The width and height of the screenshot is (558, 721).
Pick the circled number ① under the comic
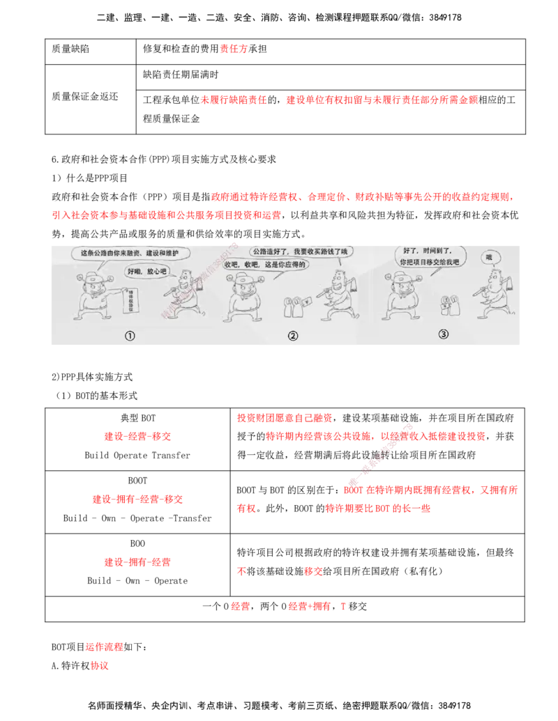130,336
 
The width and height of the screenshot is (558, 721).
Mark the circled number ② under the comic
293,336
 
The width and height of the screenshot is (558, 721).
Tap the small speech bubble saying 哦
490,258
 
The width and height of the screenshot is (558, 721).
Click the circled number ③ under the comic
444,334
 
